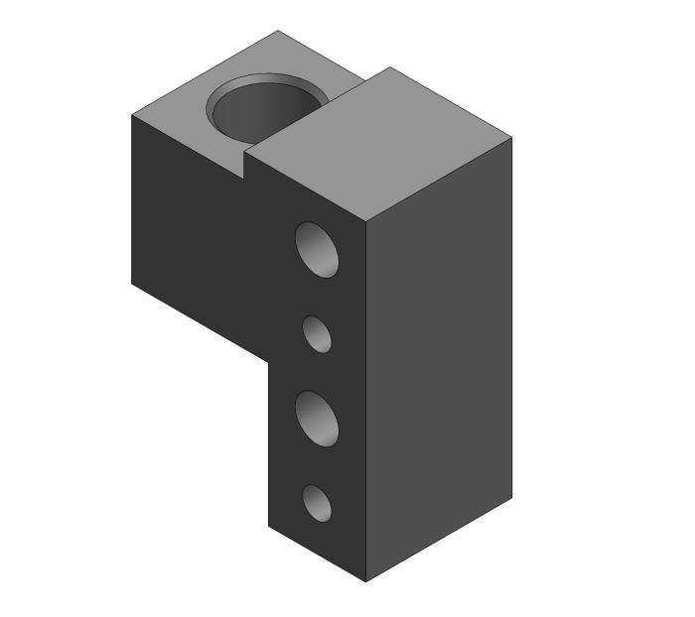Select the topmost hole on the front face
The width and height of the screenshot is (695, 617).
tap(318, 249)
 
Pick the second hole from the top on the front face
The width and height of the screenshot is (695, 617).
tap(317, 333)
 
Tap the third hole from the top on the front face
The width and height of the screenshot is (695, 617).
tap(318, 418)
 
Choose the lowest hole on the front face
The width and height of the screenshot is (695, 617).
tap(317, 502)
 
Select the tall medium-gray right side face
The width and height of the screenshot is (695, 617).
tap(440, 358)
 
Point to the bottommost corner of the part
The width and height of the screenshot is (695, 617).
tap(367, 581)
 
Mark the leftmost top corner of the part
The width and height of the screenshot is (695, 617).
tap(132, 115)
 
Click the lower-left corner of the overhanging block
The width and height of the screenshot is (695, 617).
tap(132, 284)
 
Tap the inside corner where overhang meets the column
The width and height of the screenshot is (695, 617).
tap(269, 361)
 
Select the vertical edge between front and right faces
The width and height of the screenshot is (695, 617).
tap(367, 397)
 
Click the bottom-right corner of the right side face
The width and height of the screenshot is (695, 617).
tap(512, 497)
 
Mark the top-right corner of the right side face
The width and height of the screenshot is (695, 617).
tap(512, 138)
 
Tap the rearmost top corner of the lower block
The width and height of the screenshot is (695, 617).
tap(277, 31)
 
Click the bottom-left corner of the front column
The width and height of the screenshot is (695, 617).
tap(269, 524)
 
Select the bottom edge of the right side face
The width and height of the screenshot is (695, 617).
tap(440, 540)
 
